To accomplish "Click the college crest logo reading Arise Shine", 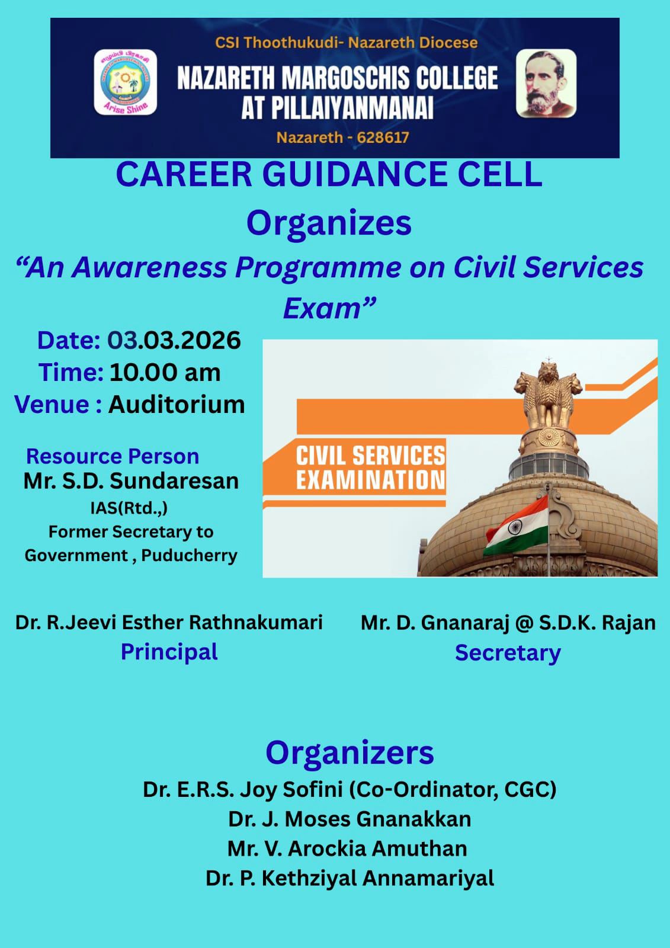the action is pyautogui.click(x=125, y=82).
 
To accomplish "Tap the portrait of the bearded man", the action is pyautogui.click(x=546, y=83).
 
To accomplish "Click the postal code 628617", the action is pyautogui.click(x=383, y=137).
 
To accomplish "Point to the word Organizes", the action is pyautogui.click(x=329, y=223).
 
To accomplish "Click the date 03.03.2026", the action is pyautogui.click(x=174, y=340).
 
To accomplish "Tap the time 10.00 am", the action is pyautogui.click(x=165, y=373).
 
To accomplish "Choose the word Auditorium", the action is pyautogui.click(x=177, y=405).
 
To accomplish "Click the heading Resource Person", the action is pyautogui.click(x=113, y=457).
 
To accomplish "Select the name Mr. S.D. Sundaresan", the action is pyautogui.click(x=131, y=481).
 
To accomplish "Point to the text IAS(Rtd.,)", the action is pyautogui.click(x=129, y=508).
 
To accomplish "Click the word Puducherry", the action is pyautogui.click(x=189, y=556).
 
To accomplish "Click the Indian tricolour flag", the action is pyautogui.click(x=516, y=526).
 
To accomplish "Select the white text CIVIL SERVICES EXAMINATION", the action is pyautogui.click(x=370, y=467).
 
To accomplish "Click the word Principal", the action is pyautogui.click(x=169, y=652).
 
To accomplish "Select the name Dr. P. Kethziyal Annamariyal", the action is pyautogui.click(x=350, y=878).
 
